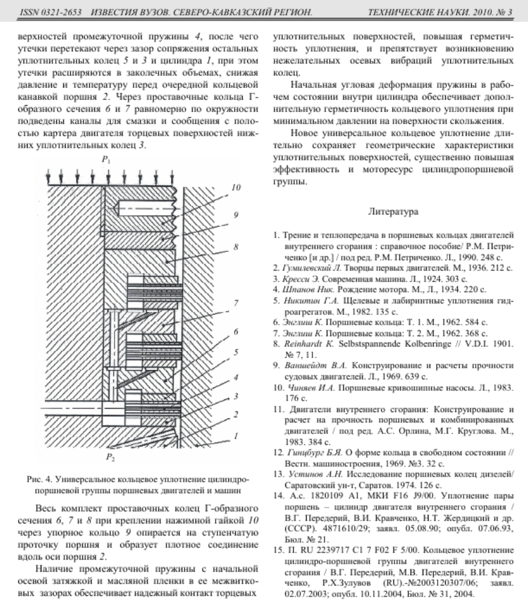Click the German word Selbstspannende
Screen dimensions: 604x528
click(364, 346)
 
